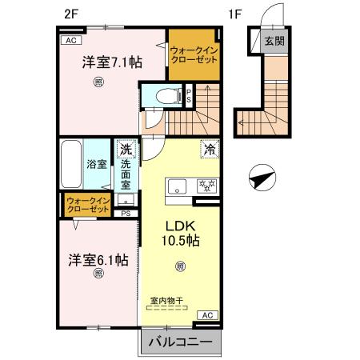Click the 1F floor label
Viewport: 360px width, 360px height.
234,14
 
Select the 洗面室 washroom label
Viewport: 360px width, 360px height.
126,170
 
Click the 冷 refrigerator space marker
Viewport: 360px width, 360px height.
209,148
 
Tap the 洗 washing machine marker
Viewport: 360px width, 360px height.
126,148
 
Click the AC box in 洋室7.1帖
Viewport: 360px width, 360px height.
70,39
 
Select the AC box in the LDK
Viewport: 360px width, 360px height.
205,316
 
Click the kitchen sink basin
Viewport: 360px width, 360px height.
176,186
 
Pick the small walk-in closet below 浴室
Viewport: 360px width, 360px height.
88,204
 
